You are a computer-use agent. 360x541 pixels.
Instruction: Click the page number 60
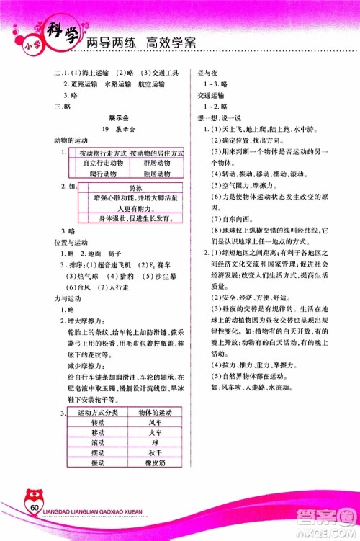coord(35,510)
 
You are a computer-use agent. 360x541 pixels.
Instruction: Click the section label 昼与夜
coord(199,73)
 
